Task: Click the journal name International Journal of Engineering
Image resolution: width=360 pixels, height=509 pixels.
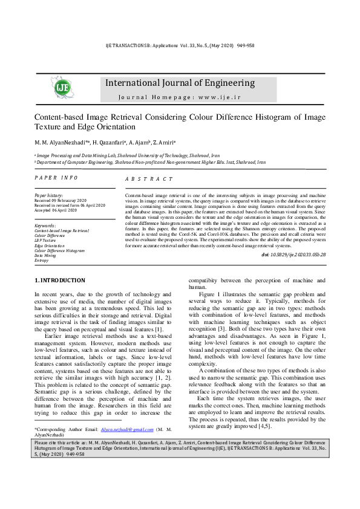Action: click(x=180, y=83)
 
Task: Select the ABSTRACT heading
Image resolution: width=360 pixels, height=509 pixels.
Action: click(x=149, y=180)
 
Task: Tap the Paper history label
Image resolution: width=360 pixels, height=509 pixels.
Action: click(x=49, y=196)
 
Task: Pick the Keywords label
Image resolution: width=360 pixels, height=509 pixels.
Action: click(x=46, y=226)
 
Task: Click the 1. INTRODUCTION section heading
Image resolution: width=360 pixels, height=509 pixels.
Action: click(x=60, y=280)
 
